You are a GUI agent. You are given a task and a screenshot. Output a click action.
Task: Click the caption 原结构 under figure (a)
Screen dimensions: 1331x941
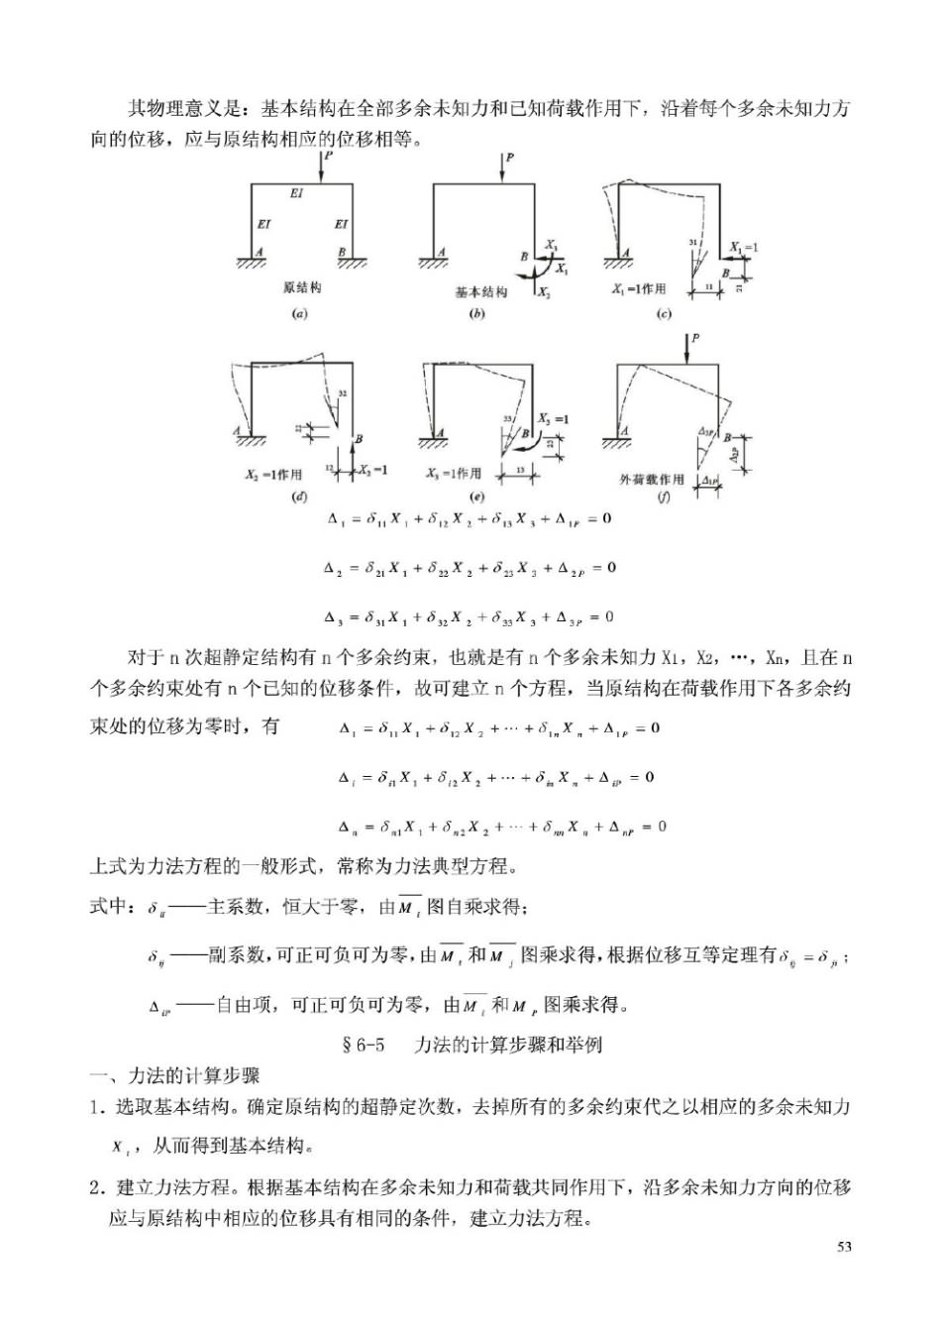302,288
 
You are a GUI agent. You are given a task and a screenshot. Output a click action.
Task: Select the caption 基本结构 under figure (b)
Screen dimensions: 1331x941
481,292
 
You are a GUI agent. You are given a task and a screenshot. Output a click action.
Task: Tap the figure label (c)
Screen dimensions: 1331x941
664,314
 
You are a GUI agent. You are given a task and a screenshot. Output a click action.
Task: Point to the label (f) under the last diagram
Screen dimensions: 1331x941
664,498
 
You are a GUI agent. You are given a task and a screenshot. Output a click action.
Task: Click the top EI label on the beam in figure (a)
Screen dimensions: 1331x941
296,193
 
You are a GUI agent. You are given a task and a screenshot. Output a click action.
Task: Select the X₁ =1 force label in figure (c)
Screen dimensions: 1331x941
744,247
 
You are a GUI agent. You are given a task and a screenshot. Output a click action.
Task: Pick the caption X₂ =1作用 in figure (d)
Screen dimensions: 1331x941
274,475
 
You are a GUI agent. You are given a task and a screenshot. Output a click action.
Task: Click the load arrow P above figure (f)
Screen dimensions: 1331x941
685,349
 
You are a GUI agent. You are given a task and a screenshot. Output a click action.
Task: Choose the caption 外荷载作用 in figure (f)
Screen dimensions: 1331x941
652,480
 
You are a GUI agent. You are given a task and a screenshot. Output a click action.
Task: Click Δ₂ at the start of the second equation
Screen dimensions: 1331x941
333,568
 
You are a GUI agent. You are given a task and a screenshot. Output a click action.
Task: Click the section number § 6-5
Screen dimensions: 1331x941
363,1045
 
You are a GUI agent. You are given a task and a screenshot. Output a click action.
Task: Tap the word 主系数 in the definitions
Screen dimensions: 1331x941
236,906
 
